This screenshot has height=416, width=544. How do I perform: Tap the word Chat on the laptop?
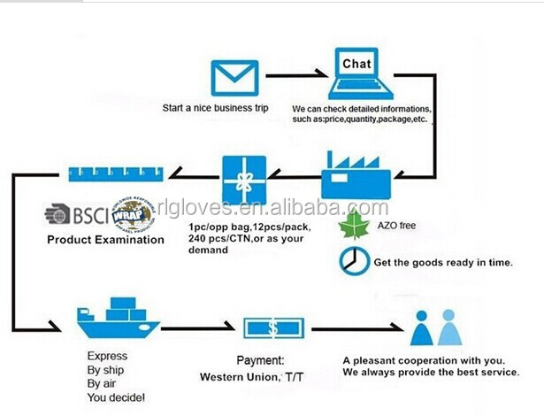357,65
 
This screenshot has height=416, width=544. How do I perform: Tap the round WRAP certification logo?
131,213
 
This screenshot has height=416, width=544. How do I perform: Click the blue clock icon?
351,259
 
